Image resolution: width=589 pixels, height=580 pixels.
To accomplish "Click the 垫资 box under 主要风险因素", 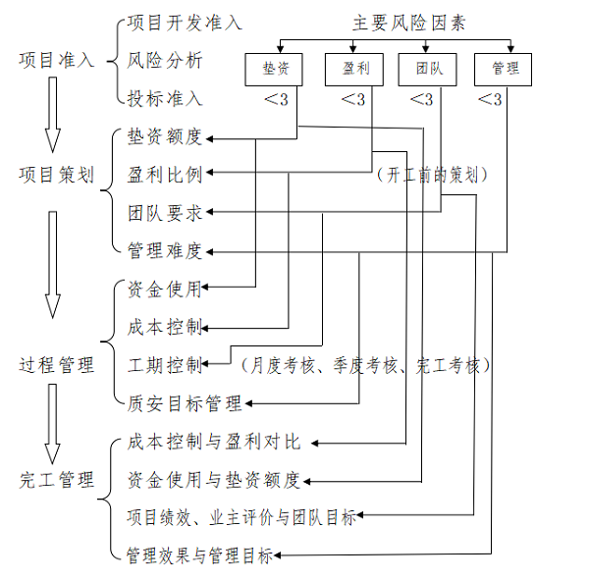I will (x=274, y=69).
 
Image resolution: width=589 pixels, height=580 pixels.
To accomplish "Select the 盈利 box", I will (x=355, y=69).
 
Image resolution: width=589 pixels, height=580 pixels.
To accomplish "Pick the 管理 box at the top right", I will (x=504, y=69).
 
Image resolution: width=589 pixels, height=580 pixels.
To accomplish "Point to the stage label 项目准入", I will (x=56, y=60).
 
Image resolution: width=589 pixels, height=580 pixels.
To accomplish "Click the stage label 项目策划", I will (x=56, y=176).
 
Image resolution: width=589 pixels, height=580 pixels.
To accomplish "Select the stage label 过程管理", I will (x=56, y=365).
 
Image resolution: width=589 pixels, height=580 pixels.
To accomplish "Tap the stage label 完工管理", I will (x=56, y=480).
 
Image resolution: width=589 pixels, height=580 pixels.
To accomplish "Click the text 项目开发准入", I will (x=185, y=23).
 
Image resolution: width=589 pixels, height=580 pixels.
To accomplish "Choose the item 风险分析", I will (x=165, y=60).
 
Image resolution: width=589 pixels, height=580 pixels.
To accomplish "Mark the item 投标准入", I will (x=165, y=98).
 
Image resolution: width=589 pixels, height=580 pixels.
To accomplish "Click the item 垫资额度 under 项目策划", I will (x=165, y=136).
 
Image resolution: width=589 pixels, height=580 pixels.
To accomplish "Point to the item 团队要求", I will (x=165, y=212).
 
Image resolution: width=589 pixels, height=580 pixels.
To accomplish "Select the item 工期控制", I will (x=165, y=365).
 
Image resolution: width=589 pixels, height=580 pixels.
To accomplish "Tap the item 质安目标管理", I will (x=185, y=402).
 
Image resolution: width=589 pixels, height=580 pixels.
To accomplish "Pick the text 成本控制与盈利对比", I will (x=213, y=442).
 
